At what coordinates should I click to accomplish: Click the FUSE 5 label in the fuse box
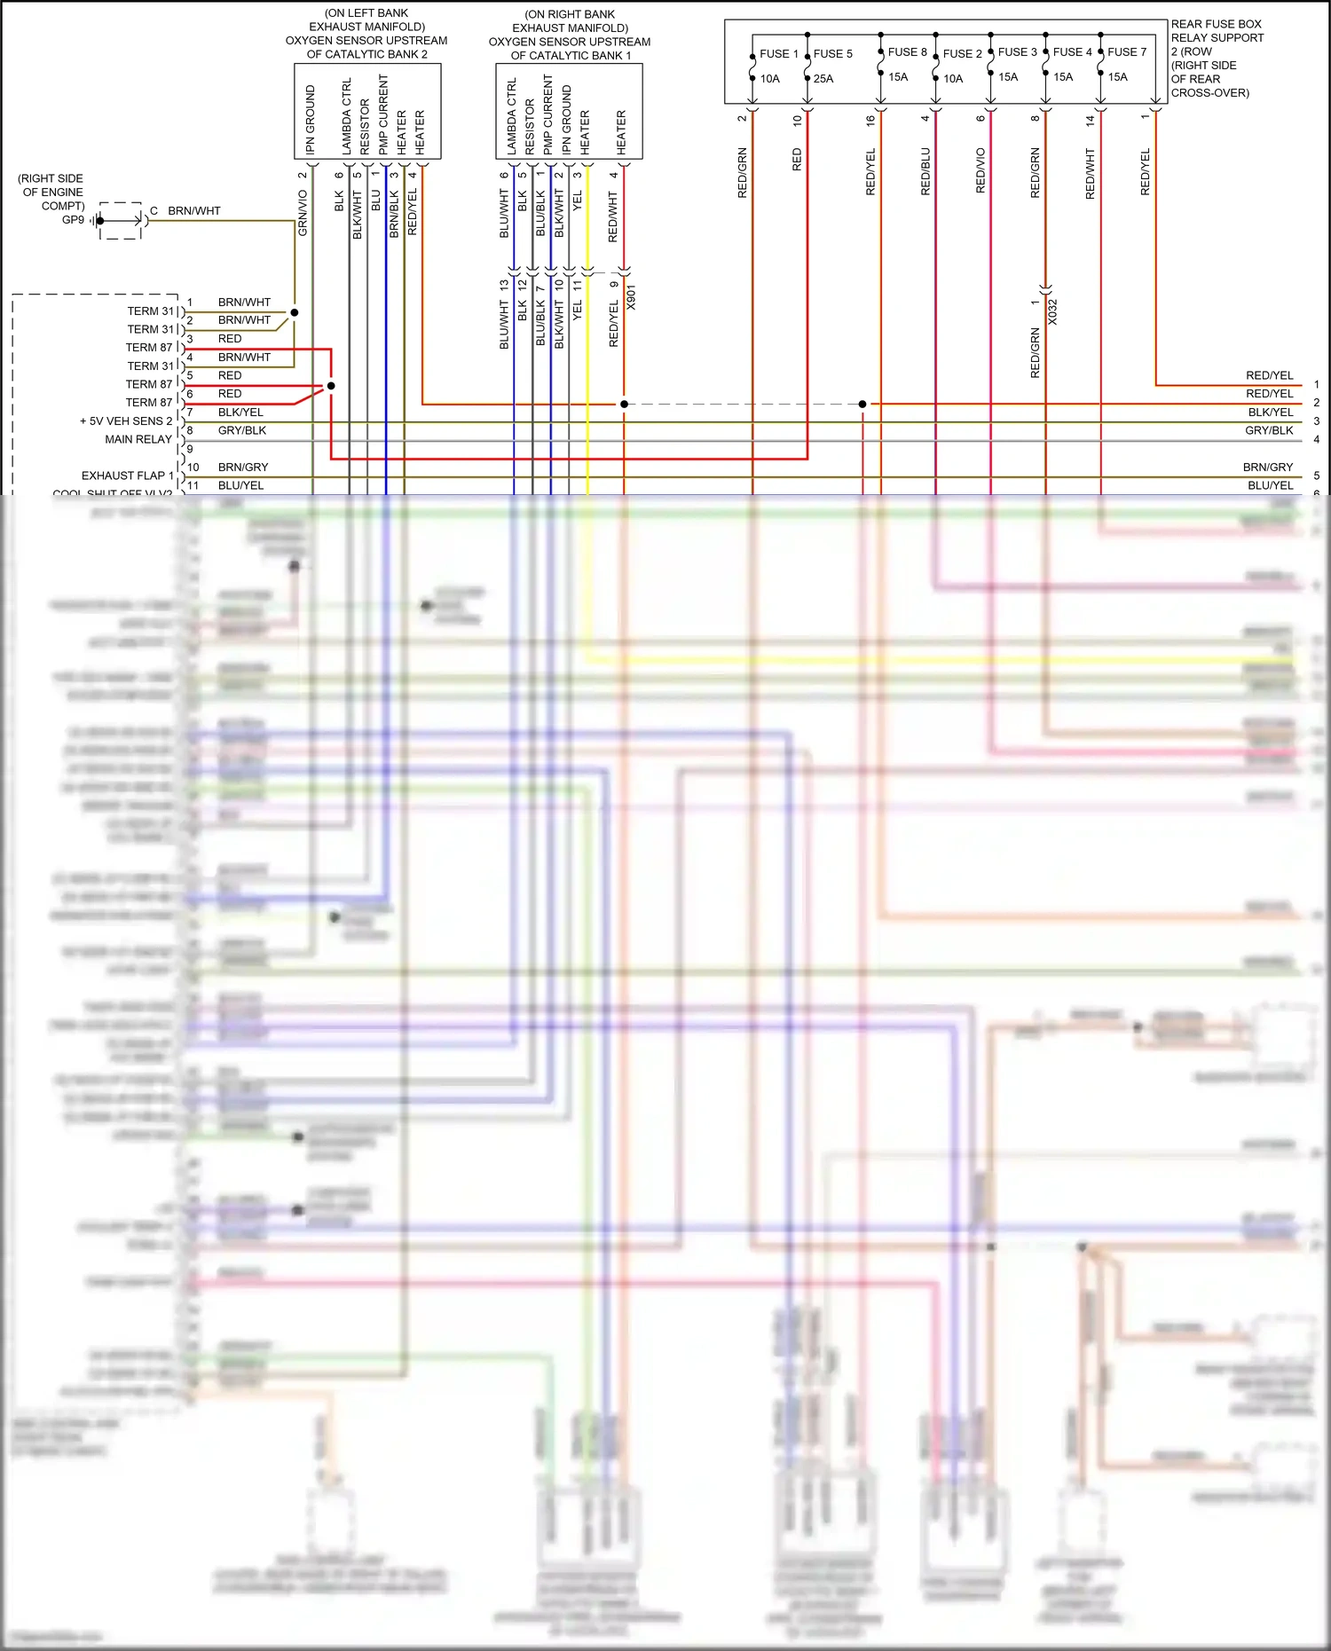832,54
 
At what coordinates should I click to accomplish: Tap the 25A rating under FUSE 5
823,79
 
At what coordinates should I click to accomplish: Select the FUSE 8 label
907,52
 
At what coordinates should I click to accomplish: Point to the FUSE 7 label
1127,52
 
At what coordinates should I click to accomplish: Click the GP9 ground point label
74,220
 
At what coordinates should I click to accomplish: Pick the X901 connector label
631,297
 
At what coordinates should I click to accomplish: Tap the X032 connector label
1052,311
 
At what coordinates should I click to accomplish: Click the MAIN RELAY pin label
138,439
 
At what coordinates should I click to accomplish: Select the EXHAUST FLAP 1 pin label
128,476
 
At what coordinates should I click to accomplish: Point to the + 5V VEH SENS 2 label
126,421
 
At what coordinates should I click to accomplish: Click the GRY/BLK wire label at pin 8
242,431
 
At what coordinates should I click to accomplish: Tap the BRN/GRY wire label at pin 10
243,468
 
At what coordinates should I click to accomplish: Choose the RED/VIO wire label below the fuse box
981,170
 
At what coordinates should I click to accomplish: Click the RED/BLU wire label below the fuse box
925,171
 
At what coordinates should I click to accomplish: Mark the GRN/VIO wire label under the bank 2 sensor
303,213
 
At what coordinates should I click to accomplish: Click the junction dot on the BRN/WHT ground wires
295,312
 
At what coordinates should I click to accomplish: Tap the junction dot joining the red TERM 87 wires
331,386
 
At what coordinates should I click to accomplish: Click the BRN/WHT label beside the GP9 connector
194,211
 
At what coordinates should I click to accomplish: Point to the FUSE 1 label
779,54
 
